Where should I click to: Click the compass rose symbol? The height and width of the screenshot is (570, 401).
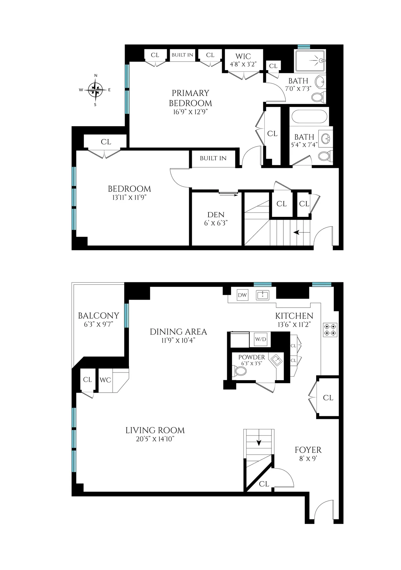click(x=96, y=90)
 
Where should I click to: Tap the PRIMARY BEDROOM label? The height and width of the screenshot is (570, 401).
click(x=190, y=98)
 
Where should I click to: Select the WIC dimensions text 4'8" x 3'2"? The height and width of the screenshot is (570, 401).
click(x=243, y=64)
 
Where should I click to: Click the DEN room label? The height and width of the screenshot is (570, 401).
click(x=216, y=215)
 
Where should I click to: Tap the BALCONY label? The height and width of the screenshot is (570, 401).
click(x=98, y=315)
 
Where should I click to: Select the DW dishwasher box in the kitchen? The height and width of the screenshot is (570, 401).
click(x=242, y=295)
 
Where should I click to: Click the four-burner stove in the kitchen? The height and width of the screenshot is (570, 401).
click(x=330, y=329)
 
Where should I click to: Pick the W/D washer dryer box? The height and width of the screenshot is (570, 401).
click(x=261, y=339)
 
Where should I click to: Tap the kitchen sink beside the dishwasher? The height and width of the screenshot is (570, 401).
click(x=263, y=295)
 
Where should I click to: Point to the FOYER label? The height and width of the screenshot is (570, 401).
click(x=308, y=450)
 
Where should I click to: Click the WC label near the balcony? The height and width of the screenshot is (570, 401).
click(x=105, y=380)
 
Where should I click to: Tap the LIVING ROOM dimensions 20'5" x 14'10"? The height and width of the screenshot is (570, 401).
click(x=155, y=439)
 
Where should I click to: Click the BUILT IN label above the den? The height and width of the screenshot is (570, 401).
click(x=213, y=158)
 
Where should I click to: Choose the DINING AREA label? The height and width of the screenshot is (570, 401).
click(x=178, y=332)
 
